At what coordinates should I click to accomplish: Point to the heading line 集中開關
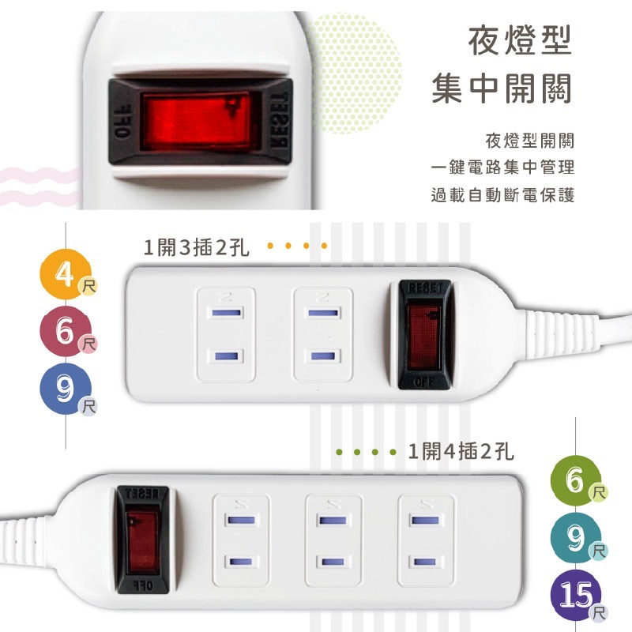pos(502,90)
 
